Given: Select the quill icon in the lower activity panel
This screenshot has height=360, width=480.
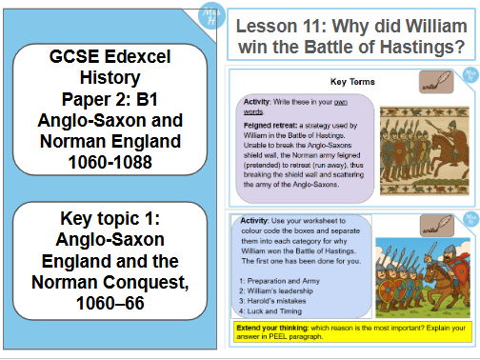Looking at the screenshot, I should pyautogui.click(x=440, y=226).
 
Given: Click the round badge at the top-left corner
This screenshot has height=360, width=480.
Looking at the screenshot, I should pyautogui.click(x=203, y=15).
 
